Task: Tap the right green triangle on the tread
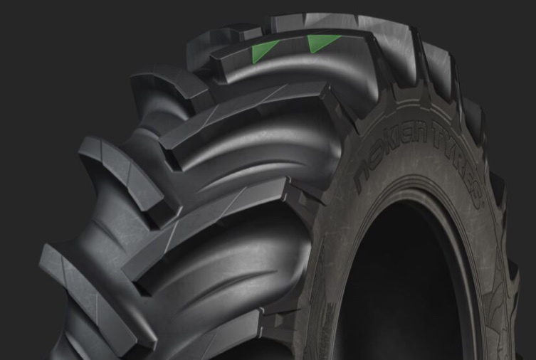[x=319, y=43]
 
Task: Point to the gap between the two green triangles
[x=294, y=47]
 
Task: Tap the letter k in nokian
[x=387, y=150]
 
